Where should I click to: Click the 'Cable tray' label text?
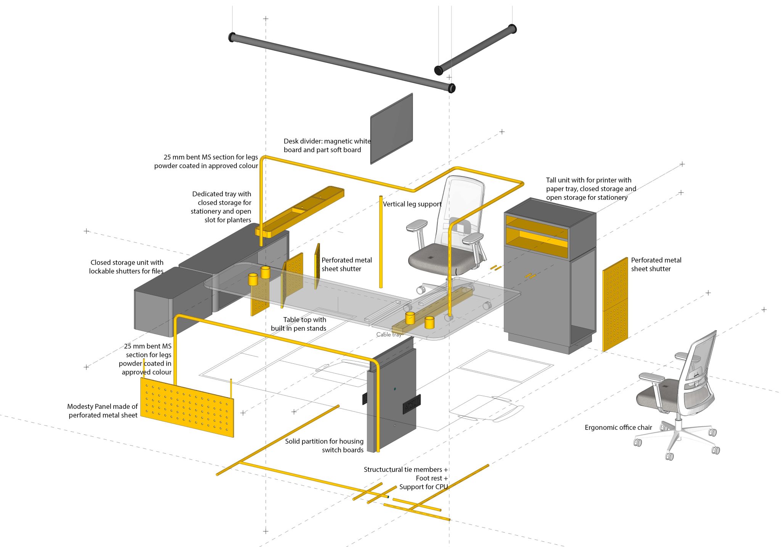(x=389, y=335)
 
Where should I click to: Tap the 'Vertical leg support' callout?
(x=412, y=204)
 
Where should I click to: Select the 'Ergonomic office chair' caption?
(x=618, y=428)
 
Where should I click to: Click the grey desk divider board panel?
(x=392, y=129)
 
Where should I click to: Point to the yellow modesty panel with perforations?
(x=187, y=408)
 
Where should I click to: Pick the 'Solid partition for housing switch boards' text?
(x=324, y=445)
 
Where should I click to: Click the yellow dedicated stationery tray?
(x=300, y=211)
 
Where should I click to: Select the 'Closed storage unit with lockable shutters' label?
(x=126, y=267)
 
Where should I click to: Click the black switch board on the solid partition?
(x=411, y=404)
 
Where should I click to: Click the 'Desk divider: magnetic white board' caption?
(x=327, y=145)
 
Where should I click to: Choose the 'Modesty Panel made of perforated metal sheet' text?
(x=103, y=411)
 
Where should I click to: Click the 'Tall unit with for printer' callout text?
(x=591, y=189)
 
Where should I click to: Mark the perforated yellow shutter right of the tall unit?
(x=615, y=304)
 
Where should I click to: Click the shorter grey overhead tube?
(x=475, y=50)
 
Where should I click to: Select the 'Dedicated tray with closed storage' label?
(x=221, y=207)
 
